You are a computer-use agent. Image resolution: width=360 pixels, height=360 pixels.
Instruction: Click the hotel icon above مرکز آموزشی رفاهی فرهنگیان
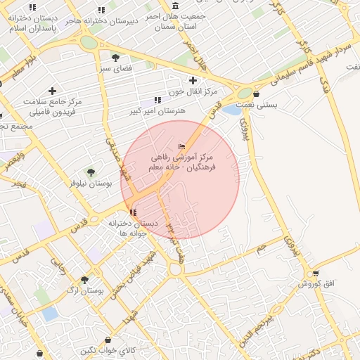pos(182,146)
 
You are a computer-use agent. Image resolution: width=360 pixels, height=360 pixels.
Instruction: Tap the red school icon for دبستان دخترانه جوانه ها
pos(133,212)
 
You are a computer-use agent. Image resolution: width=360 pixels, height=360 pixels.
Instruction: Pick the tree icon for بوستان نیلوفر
pos(90,172)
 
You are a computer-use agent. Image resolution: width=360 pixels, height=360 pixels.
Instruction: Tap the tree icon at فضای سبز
pos(115,58)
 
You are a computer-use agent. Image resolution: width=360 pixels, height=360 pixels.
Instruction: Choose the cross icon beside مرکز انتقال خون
pos(193,81)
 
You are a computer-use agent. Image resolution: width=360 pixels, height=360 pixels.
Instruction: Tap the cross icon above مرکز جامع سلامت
pos(52,91)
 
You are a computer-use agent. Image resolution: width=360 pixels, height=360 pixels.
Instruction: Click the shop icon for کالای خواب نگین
pos(107,340)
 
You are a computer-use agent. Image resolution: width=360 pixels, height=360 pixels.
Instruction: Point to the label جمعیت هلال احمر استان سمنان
pos(174,20)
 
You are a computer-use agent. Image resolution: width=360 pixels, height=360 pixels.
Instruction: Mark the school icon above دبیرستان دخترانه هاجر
pos(101,10)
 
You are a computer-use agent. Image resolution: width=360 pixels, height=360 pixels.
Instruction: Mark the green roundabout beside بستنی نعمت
pos(245,92)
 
